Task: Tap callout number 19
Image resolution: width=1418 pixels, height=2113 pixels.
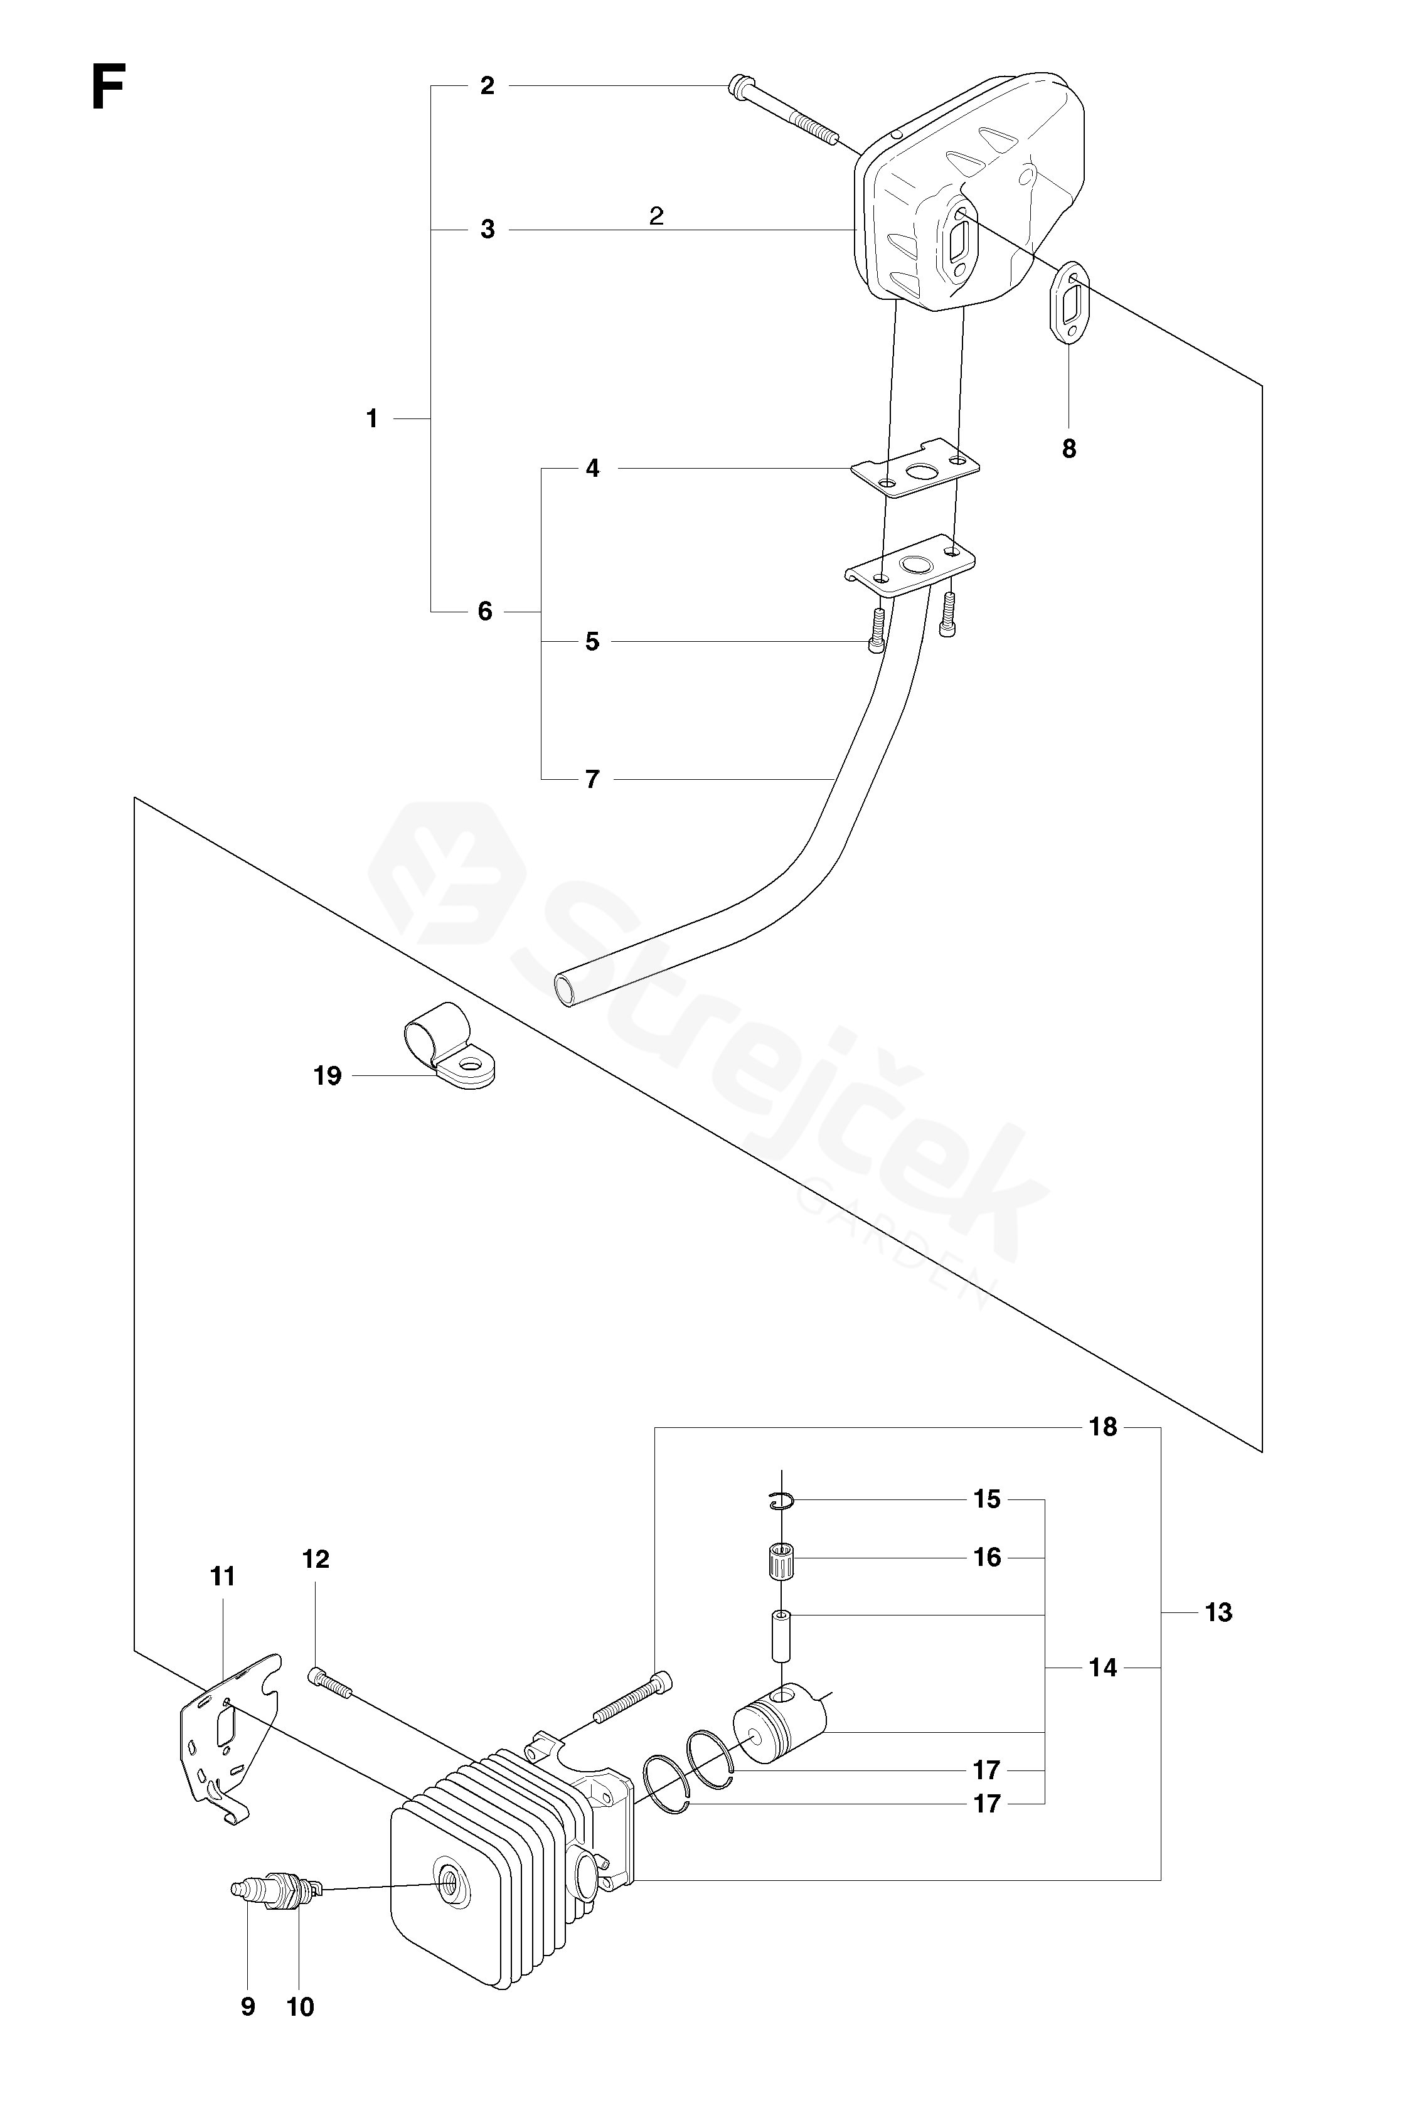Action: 328,1076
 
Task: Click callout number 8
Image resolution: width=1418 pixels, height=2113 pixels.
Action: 1069,449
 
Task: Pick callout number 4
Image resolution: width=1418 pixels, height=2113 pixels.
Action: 592,469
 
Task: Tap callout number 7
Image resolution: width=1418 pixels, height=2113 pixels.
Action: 592,779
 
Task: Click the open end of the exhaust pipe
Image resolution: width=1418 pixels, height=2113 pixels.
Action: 568,990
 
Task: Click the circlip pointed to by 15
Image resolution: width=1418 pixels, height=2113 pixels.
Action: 781,1502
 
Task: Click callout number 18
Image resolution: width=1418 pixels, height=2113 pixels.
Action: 1103,1428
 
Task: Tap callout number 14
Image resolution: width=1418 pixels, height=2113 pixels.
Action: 1102,1668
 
